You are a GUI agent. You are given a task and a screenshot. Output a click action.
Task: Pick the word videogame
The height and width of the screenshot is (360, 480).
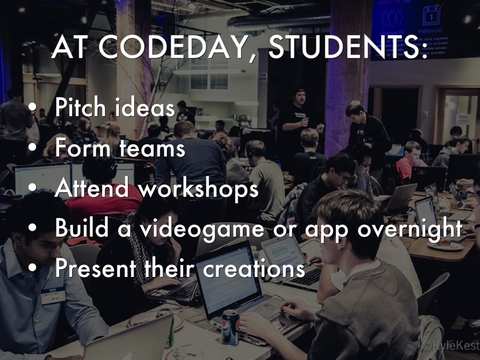[x=202, y=229]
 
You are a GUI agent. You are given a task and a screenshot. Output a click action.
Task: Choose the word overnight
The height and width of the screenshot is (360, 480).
[x=410, y=229]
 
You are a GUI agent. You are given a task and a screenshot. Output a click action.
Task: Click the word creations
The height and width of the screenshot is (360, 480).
[x=254, y=269]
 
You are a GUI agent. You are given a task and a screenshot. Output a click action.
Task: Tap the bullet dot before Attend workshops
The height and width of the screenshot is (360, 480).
[x=32, y=189]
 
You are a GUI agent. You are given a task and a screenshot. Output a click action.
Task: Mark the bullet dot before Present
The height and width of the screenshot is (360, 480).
[x=32, y=268]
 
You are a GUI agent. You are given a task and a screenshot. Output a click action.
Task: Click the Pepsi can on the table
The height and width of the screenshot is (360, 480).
[x=230, y=328]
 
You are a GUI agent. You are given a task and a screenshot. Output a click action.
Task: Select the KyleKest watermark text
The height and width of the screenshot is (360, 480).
[x=450, y=345]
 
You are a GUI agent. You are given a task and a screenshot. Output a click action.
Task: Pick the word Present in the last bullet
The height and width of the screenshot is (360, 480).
[x=96, y=268]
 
